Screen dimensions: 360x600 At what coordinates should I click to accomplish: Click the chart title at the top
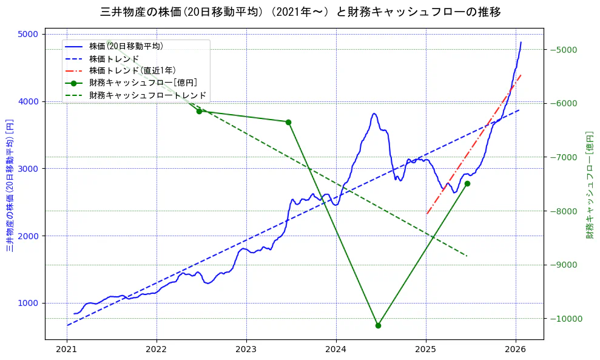tap(300, 12)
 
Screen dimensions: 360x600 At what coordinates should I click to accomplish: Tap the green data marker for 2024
tap(378, 325)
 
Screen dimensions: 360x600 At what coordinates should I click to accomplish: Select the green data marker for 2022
tap(199, 111)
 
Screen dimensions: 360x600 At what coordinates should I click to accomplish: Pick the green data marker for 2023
tap(288, 122)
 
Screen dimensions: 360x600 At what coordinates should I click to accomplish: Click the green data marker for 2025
tap(467, 183)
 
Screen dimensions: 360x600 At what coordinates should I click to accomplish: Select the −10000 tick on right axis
tap(565, 319)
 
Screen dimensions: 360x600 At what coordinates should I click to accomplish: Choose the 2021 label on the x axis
tap(67, 350)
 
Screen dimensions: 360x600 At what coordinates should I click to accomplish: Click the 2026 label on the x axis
tap(516, 350)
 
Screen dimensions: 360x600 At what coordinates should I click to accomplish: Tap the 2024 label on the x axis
tap(336, 350)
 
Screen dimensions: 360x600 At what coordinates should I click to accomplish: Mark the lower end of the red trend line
tap(427, 214)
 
